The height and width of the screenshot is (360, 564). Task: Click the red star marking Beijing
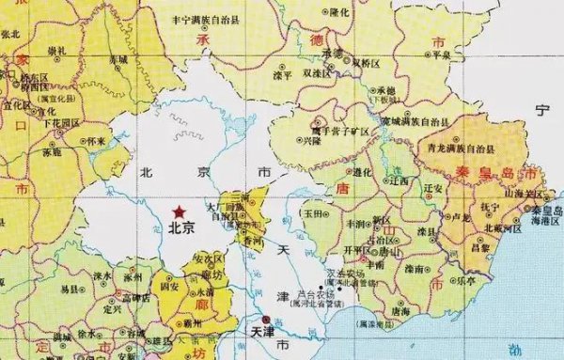point(179,211)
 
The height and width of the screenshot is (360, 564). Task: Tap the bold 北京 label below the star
point(181,227)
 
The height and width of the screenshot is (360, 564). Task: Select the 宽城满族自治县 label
point(399,122)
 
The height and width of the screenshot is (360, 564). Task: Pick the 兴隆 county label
point(311,141)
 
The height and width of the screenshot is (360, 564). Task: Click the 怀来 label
point(97,141)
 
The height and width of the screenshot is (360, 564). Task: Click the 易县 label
point(70,290)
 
